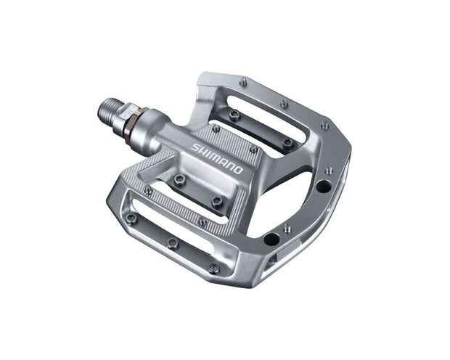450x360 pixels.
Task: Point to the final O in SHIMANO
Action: (240, 166)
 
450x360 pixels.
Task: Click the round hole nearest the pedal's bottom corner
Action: (271, 240)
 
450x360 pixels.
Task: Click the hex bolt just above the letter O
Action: (253, 149)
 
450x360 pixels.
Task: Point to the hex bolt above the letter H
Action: (215, 129)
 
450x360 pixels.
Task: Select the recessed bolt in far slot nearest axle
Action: (234, 114)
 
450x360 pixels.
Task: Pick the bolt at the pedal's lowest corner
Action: (213, 268)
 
